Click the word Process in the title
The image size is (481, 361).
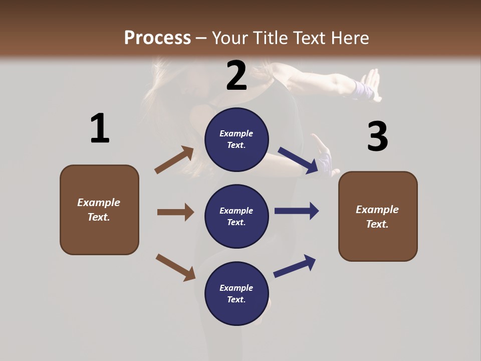tap(157, 38)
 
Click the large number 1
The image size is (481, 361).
tap(100, 128)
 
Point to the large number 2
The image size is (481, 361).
tap(236, 75)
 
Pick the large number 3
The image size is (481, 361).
tap(377, 136)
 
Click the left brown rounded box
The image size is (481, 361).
tap(99, 210)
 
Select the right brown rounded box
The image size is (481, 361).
tap(378, 216)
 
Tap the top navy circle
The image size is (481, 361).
tap(236, 139)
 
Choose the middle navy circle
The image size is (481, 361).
tap(236, 216)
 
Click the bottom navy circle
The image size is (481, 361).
tap(236, 293)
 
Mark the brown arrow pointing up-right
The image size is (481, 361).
tap(174, 160)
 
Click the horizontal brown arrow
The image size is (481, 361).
tap(175, 212)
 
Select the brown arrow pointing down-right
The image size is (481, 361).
tap(175, 267)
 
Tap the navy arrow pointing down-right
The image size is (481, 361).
tap(299, 160)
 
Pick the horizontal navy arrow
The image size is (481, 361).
tap(297, 211)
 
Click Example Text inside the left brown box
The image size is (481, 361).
tap(99, 210)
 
